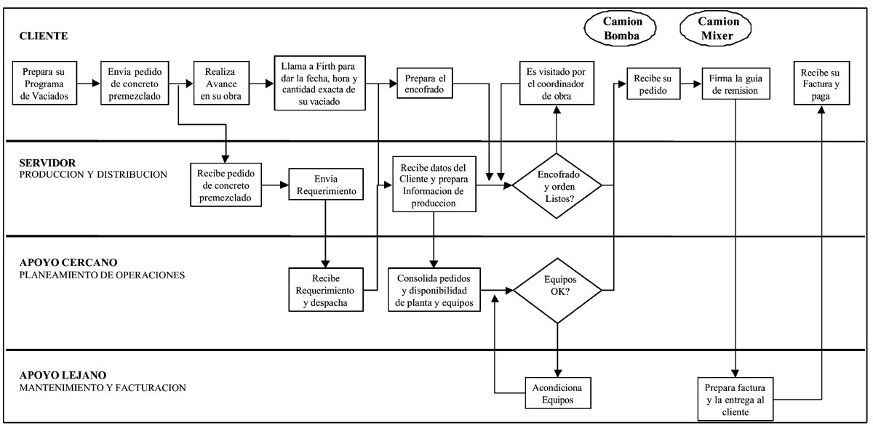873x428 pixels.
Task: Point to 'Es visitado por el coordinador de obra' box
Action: coord(557,83)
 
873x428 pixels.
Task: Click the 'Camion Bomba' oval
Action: coord(617,28)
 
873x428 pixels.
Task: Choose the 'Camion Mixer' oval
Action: coord(714,28)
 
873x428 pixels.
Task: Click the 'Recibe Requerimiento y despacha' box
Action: coord(325,290)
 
